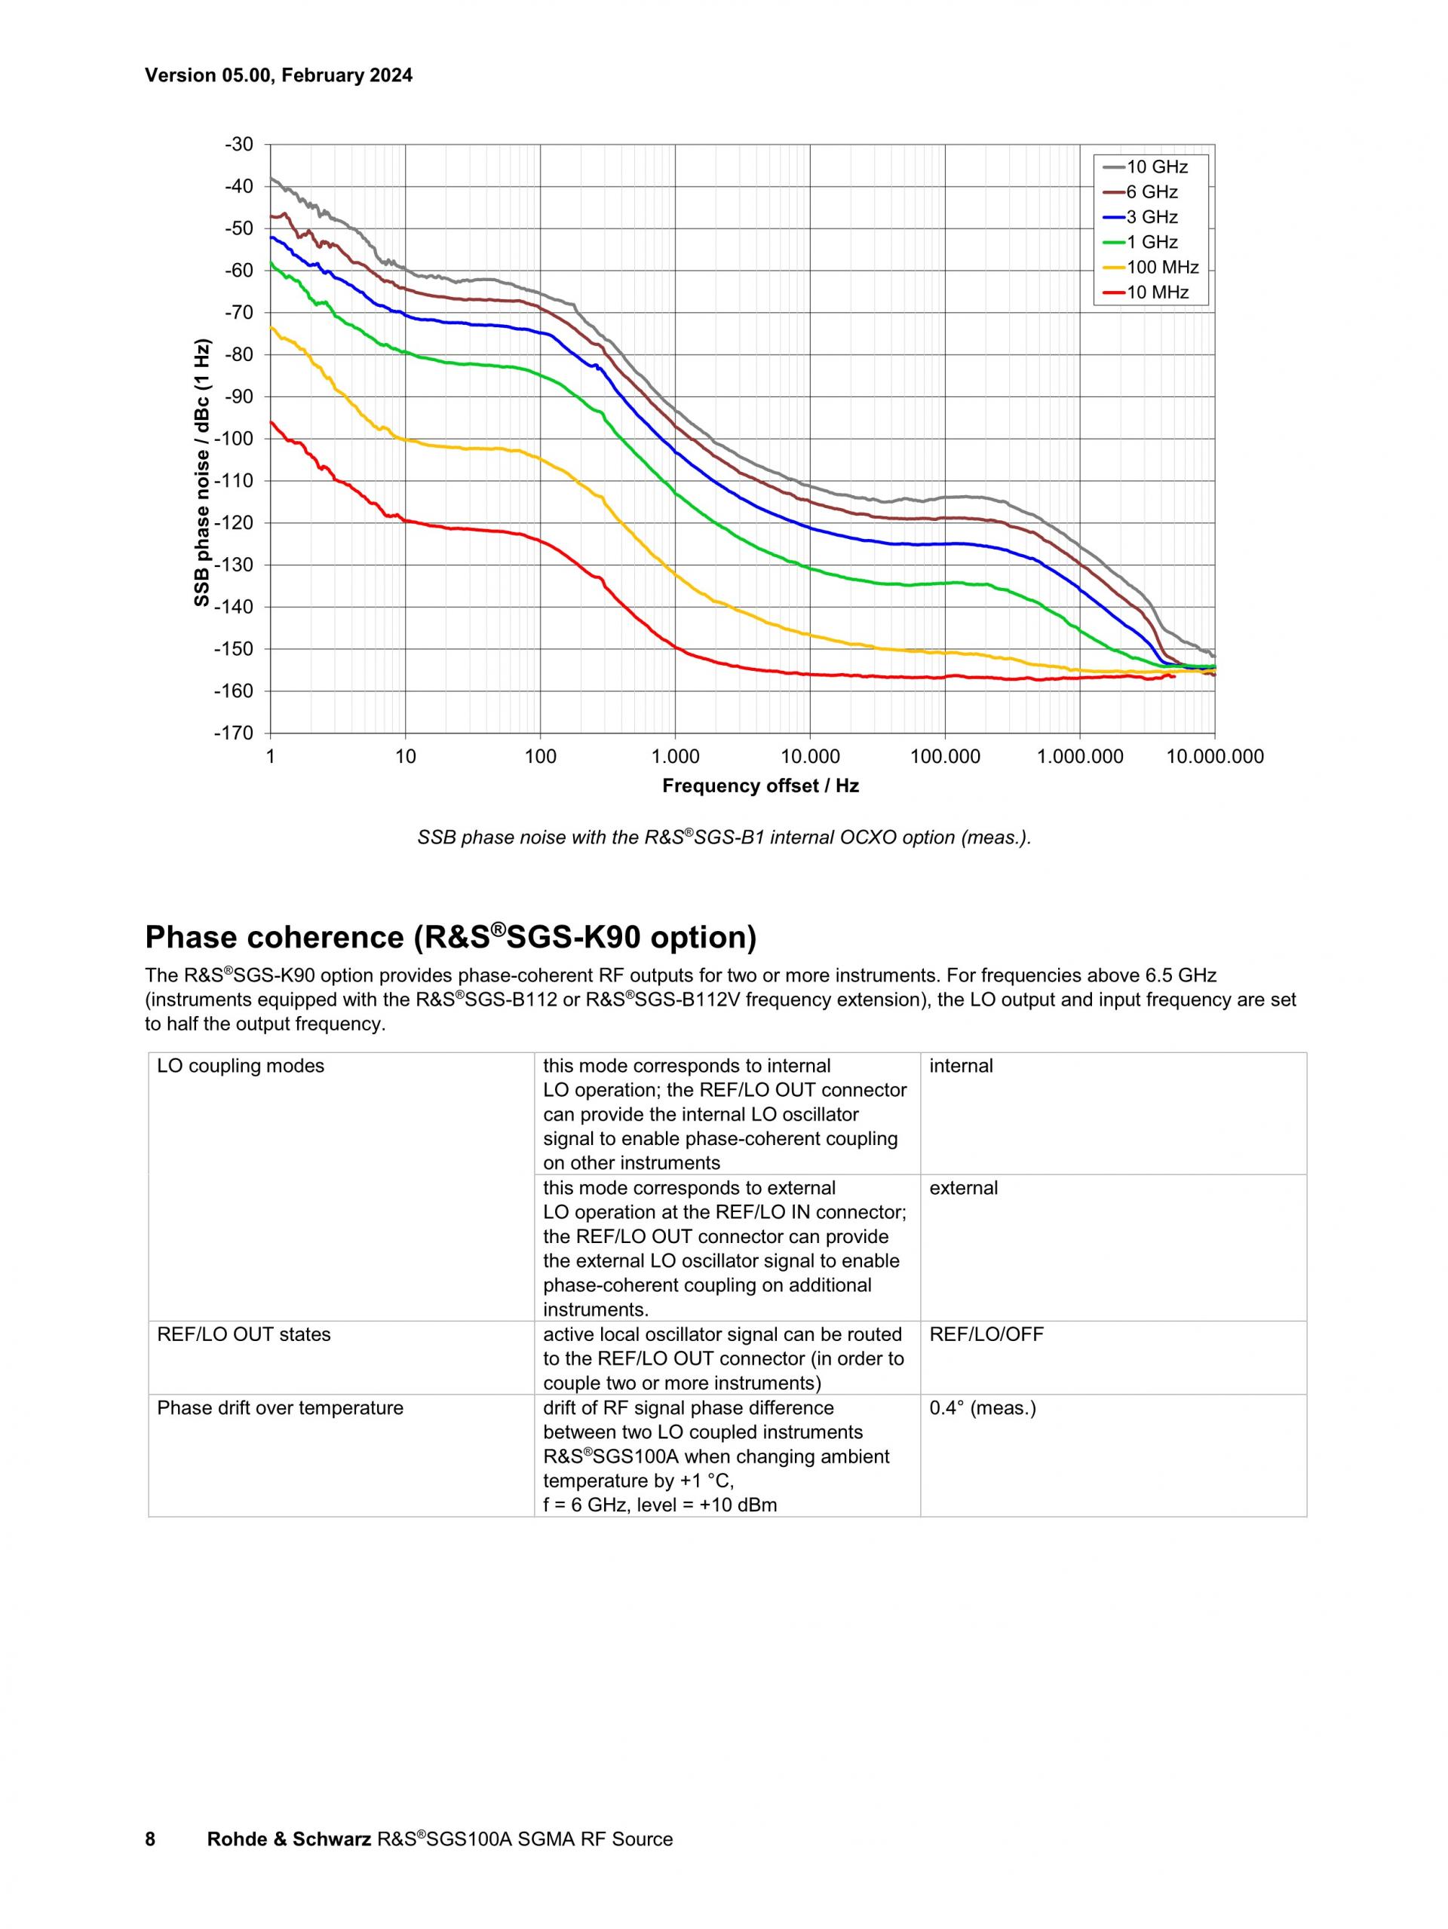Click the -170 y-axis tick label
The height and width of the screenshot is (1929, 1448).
point(233,733)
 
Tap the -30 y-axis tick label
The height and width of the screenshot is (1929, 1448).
point(238,145)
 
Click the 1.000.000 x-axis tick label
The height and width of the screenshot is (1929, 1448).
point(1080,757)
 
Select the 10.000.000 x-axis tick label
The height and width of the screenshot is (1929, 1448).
point(1214,757)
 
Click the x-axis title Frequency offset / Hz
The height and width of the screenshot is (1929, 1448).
point(759,785)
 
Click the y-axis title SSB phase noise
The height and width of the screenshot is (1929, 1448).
point(202,472)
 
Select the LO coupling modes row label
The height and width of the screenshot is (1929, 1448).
point(240,1066)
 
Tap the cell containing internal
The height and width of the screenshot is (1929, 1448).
point(960,1066)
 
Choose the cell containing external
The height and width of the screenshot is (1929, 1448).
point(963,1188)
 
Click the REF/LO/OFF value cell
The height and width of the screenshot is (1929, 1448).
point(986,1334)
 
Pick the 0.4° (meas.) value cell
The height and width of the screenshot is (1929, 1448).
point(982,1407)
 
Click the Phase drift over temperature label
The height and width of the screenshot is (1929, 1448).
point(280,1407)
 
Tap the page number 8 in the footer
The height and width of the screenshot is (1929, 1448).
point(150,1839)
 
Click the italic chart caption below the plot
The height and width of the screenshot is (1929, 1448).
point(724,838)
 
